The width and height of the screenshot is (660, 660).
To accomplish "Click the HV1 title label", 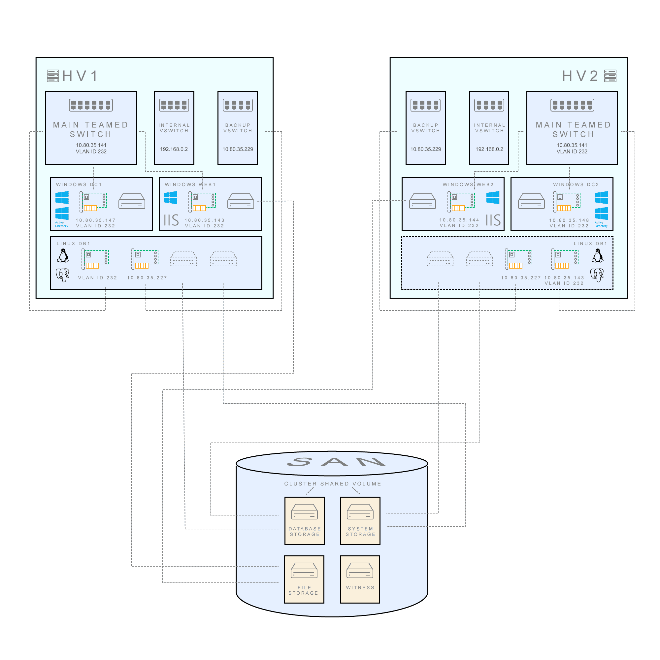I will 80,76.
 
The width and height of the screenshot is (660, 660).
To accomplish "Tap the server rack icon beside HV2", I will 610,76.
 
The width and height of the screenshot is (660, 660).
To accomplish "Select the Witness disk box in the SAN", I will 360,579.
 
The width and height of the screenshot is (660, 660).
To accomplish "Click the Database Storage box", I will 304,521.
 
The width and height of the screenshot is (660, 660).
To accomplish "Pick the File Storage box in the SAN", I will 304,579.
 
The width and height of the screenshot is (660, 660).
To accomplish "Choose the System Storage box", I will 360,521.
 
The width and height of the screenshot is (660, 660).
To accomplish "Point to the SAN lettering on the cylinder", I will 336,462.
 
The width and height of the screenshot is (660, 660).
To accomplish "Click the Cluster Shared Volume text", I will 332,484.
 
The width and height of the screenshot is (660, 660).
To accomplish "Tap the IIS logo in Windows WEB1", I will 171,220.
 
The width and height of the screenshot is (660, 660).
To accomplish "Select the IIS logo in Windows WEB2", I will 493,220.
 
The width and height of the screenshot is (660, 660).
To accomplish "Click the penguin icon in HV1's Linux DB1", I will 63,255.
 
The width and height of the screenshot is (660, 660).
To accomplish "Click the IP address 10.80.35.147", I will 96,220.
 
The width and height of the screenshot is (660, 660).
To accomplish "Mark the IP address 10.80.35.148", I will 569,220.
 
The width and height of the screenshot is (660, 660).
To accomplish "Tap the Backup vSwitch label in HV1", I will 238,128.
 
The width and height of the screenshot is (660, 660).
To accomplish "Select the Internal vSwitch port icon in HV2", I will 489,105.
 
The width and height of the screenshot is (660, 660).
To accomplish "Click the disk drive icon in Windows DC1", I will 132,201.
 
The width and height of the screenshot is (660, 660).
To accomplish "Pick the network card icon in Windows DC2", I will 566,202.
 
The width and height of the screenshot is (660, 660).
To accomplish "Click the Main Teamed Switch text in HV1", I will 91,129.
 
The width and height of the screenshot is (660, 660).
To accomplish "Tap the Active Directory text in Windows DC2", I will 601,224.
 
